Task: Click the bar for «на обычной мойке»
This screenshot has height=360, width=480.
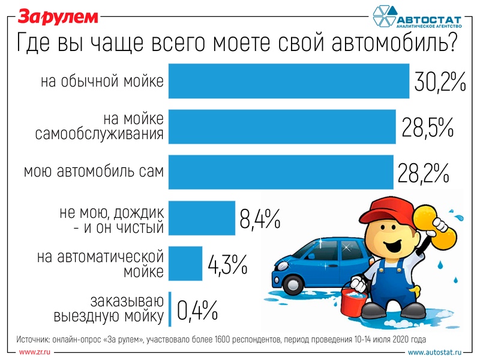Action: pos(288,81)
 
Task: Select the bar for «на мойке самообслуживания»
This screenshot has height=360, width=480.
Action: pos(282,127)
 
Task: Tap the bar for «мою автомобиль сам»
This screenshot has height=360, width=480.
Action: pos(281,172)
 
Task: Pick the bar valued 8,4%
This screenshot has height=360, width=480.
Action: pos(202,217)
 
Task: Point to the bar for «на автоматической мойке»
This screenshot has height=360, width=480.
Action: pos(185,262)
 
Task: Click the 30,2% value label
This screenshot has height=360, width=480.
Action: pos(440,82)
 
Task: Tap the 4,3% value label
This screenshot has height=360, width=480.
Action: pos(227,263)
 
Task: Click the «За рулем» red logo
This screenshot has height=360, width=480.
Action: pos(56,17)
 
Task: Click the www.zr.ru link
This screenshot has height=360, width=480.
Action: pos(35,351)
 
